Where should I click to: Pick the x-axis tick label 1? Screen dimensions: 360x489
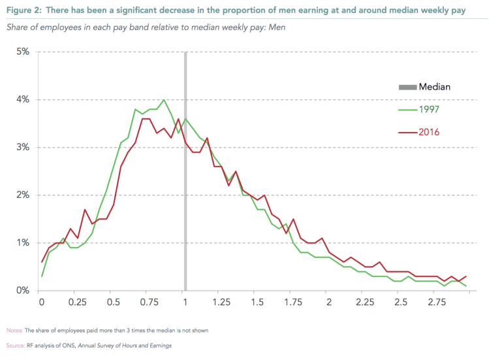point(185,303)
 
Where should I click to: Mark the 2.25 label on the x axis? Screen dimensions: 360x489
point(365,303)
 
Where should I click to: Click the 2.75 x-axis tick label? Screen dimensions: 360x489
point(437,303)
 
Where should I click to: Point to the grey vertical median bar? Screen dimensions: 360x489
point(185,196)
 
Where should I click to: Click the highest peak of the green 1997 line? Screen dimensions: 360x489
point(163,100)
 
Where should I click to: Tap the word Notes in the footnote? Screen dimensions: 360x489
point(14,330)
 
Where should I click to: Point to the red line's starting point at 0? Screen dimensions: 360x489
point(42,262)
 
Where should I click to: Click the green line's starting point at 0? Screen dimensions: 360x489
point(42,276)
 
